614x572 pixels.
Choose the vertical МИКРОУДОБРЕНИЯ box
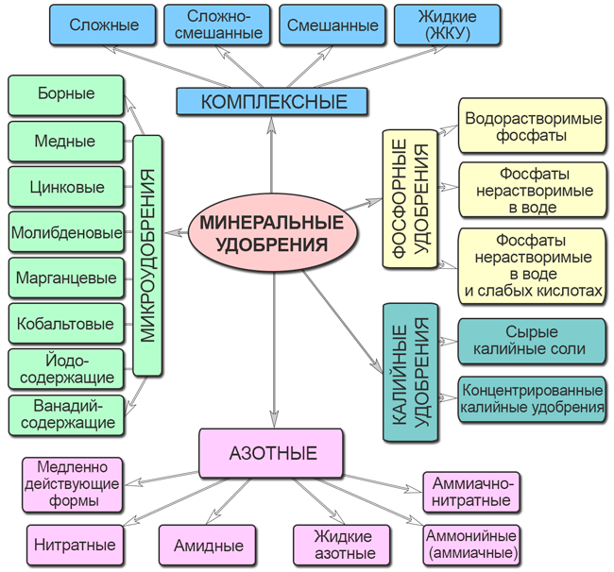click(147, 255)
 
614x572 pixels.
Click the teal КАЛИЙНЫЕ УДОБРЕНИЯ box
click(409, 374)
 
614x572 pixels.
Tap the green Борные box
click(66, 95)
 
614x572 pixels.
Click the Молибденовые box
click(66, 232)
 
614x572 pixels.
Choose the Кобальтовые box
click(66, 324)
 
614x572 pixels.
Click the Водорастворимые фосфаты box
click(532, 126)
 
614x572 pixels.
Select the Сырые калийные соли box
click(532, 341)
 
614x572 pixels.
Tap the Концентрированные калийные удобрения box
click(532, 399)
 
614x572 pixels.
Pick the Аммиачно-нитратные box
click(471, 491)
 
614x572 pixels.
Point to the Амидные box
click(209, 545)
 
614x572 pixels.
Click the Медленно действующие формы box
click(72, 483)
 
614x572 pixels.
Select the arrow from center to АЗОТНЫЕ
click(272, 349)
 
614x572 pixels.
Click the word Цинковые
click(66, 187)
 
